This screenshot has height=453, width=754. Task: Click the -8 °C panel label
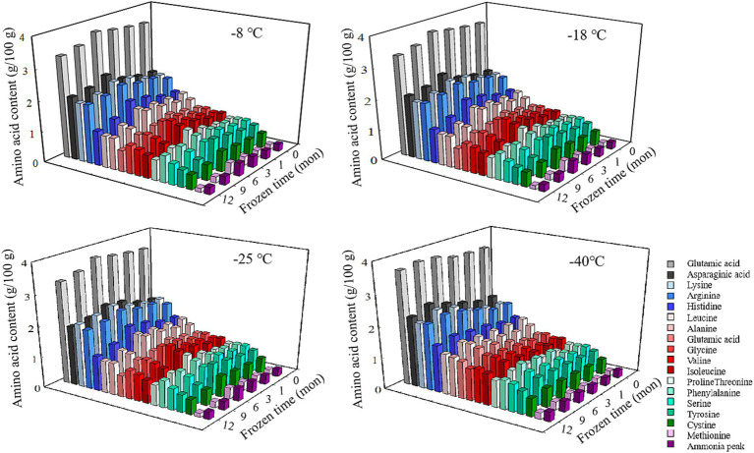tap(245, 34)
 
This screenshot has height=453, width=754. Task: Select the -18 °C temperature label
tap(586, 35)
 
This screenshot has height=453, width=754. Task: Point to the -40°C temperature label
tap(587, 261)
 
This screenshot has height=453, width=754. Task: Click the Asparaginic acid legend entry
tap(708, 274)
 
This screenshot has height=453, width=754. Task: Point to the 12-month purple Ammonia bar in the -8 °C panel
tap(209, 189)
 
